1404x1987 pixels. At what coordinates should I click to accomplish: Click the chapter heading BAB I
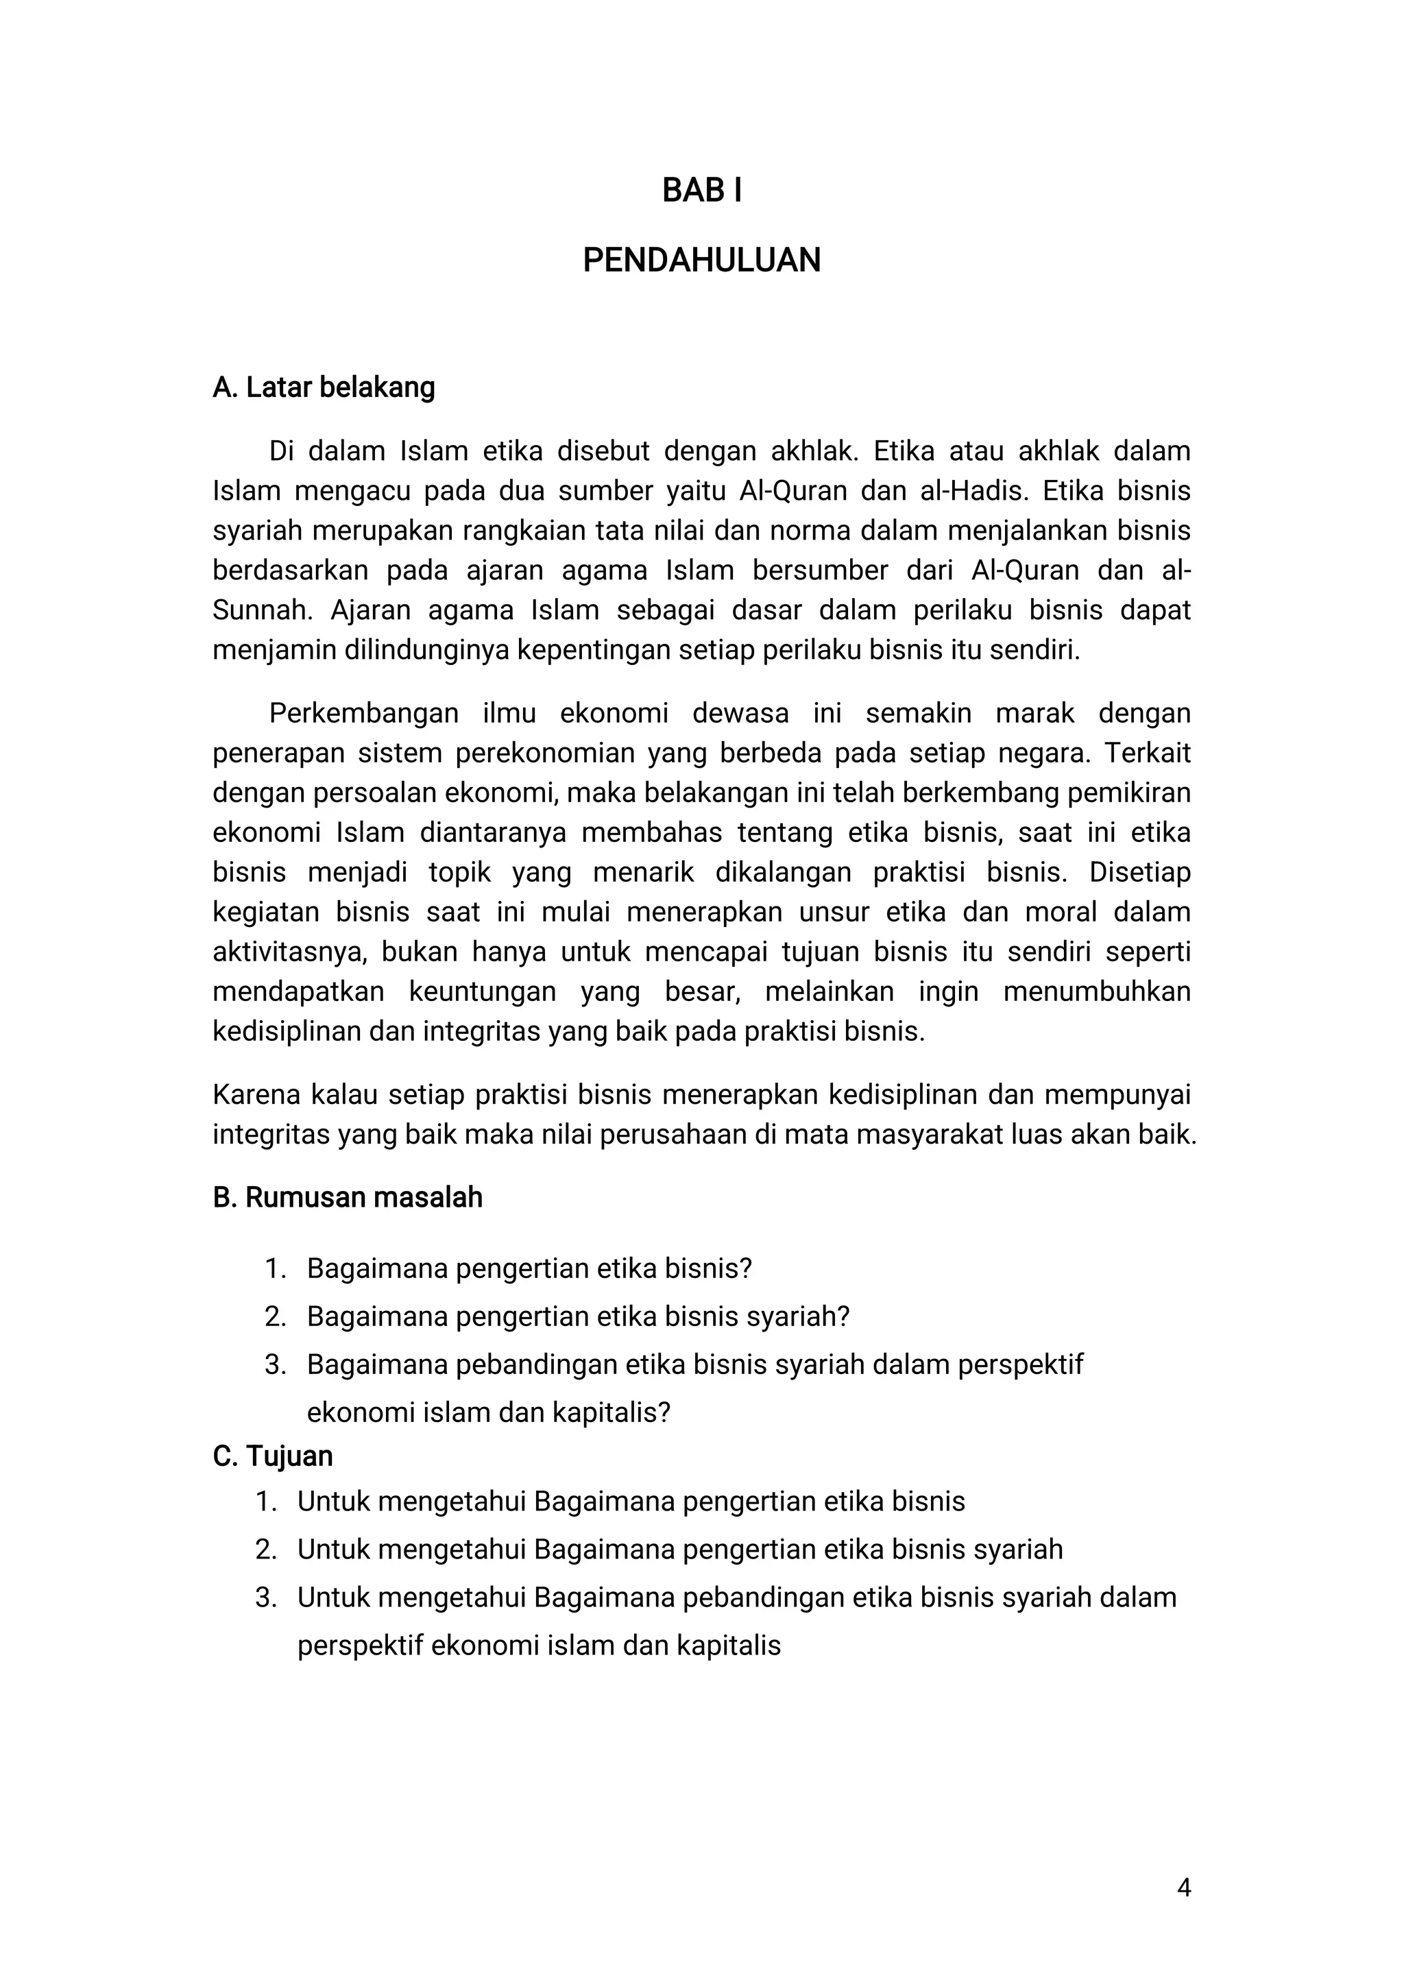click(x=701, y=191)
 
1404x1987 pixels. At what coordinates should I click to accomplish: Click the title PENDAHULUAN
click(x=701, y=261)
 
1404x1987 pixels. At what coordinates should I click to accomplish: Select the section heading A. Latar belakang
click(x=324, y=387)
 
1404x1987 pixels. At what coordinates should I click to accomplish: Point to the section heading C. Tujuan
click(x=272, y=1456)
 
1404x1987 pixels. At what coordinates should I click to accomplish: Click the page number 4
click(x=1183, y=1888)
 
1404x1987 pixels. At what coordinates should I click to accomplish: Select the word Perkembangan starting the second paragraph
click(x=363, y=713)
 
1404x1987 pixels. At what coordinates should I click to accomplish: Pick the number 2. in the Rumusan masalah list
click(x=275, y=1316)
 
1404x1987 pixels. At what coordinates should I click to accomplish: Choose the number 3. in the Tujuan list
click(x=265, y=1597)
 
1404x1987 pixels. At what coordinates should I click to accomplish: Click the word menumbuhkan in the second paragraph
click(x=1097, y=991)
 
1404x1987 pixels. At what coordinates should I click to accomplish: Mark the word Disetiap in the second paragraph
click(x=1139, y=871)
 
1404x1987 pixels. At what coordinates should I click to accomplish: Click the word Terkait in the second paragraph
click(x=1148, y=753)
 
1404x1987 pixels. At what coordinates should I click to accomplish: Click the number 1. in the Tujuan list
click(x=265, y=1501)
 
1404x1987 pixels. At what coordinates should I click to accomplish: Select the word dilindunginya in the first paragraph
click(x=426, y=650)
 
